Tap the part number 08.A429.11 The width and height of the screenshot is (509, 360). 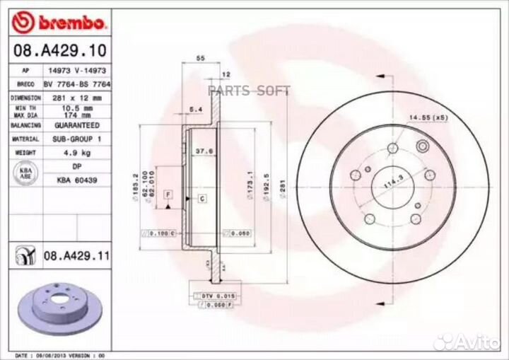[76, 255]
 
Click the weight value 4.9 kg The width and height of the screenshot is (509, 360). [78, 152]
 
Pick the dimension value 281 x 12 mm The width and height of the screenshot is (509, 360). [78, 97]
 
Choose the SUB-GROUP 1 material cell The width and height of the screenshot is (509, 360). [78, 139]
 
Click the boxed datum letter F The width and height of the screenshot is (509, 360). [168, 194]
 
